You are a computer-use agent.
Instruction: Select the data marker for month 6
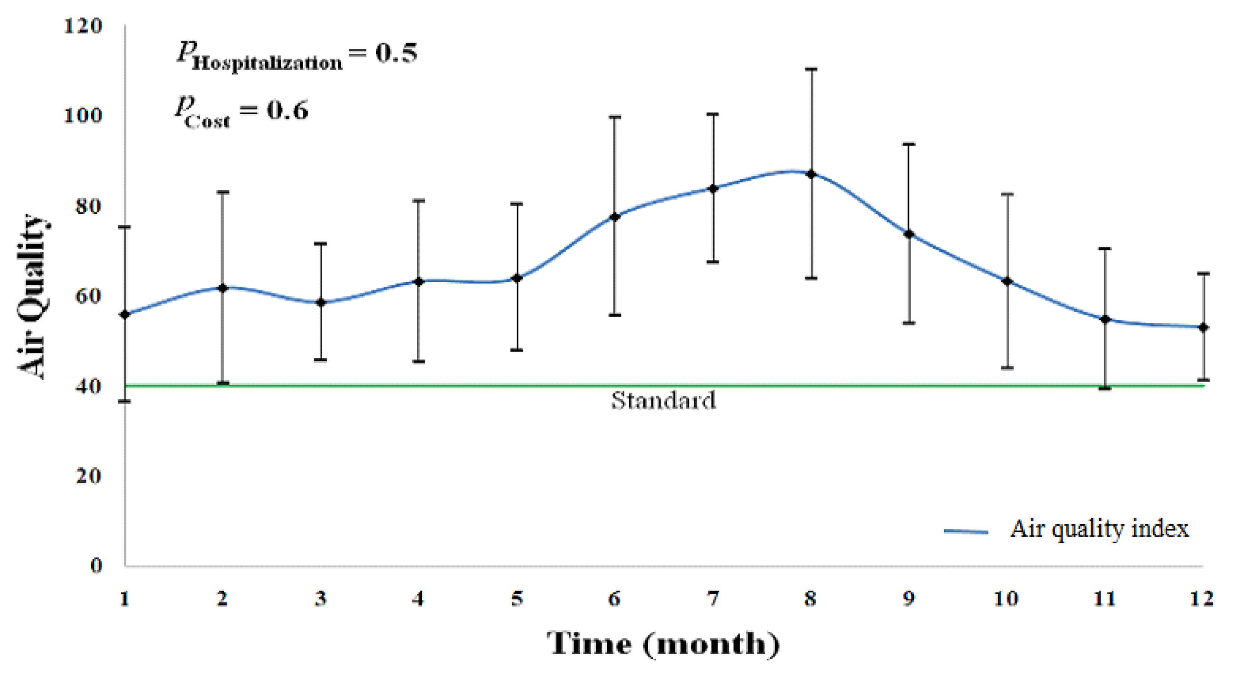pos(615,217)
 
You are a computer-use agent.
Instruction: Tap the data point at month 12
pos(1203,328)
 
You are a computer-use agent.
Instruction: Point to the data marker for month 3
pos(320,302)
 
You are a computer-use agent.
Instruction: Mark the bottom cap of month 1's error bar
pos(125,401)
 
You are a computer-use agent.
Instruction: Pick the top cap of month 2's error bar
pos(223,192)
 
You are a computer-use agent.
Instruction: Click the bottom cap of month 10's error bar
pos(1007,368)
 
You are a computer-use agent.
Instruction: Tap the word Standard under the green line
pos(663,401)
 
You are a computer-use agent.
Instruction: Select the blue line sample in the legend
pos(966,531)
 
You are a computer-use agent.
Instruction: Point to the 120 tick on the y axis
pos(84,26)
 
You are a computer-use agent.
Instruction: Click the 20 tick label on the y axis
pos(89,476)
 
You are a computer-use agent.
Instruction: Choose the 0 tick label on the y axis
pos(96,566)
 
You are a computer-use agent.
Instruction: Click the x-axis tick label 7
pos(713,598)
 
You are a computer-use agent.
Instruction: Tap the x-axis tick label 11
pos(1104,598)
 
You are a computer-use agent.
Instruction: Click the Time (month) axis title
pos(663,644)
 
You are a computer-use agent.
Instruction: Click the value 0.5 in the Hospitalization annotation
pos(396,53)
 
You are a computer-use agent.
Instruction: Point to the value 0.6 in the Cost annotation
pos(287,110)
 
